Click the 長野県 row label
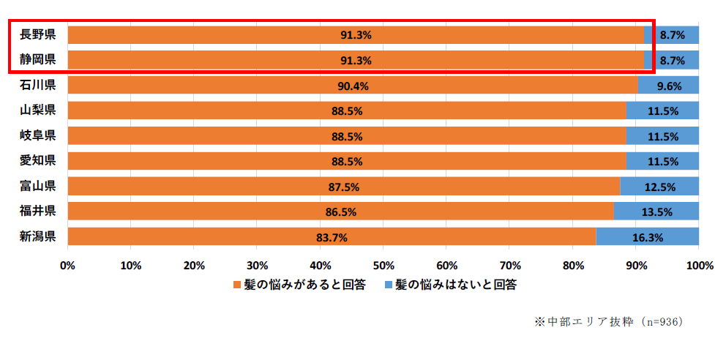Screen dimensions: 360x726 pos(38,35)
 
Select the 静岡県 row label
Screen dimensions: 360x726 pos(38,60)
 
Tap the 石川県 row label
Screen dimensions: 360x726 pos(38,86)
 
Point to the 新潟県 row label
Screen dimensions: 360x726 pos(38,236)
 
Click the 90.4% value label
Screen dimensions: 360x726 pos(353,86)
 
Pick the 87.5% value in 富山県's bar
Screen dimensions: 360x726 pos(343,187)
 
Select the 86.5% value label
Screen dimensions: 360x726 pos(340,211)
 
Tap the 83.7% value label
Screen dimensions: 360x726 pos(332,237)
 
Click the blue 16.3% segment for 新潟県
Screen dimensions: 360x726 pos(648,237)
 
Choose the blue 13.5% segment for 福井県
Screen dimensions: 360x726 pos(656,211)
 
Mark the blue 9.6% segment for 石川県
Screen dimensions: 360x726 pos(668,86)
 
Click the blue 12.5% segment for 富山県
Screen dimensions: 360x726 pos(659,187)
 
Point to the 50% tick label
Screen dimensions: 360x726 pos(383,265)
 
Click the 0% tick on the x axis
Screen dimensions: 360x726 pos(67,265)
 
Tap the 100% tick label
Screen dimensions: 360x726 pos(698,265)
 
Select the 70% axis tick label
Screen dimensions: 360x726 pos(509,265)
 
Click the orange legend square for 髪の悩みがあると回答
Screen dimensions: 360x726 pos(236,285)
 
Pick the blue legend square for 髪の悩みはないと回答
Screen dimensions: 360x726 pos(389,285)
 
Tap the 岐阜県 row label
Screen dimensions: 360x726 pos(38,136)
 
